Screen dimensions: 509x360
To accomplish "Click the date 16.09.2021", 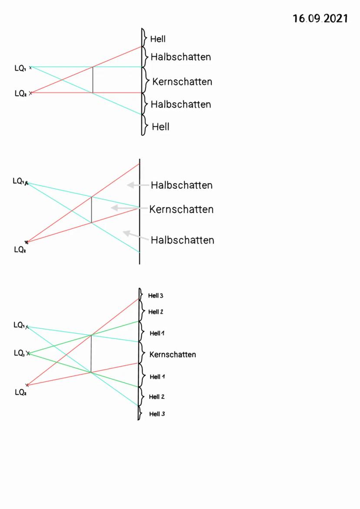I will (x=320, y=19).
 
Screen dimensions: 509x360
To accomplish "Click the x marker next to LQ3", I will (x=28, y=353).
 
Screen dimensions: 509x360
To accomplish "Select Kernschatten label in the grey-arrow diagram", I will (x=181, y=209).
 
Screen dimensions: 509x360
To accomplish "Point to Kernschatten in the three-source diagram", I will (x=173, y=355).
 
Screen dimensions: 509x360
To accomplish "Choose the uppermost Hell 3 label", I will (x=156, y=296).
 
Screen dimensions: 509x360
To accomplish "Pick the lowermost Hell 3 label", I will (x=157, y=414).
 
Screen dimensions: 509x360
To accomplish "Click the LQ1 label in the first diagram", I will (x=20, y=68).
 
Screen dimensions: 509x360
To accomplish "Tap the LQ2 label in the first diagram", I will (x=20, y=93).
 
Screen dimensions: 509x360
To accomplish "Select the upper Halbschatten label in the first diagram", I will (x=181, y=57).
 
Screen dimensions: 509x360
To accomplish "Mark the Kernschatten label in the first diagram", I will (x=182, y=82).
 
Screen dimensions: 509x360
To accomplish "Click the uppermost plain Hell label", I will (x=158, y=39).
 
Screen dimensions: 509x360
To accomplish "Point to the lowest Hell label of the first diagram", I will (x=160, y=127).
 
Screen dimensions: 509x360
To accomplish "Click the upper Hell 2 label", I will (x=156, y=312).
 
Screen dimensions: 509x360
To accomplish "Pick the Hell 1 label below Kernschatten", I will (x=157, y=377).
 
